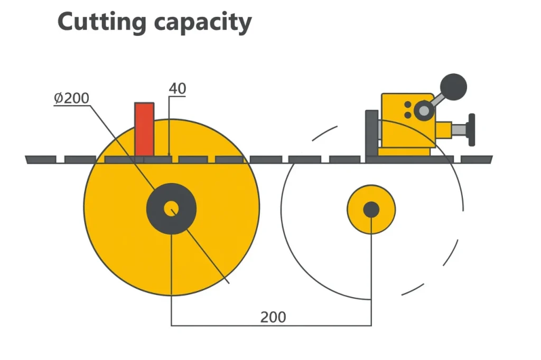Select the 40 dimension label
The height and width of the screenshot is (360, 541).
[x=178, y=89]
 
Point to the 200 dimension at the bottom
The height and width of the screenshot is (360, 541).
[x=273, y=317]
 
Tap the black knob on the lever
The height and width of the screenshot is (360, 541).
[x=453, y=85]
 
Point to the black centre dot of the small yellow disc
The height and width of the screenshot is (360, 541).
[x=371, y=210]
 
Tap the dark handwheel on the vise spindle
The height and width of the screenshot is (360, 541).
[x=471, y=129]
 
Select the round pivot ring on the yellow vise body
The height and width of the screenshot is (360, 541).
[x=423, y=110]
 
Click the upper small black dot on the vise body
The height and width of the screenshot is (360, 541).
[x=408, y=105]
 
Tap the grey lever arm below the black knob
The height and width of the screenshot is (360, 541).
[x=439, y=99]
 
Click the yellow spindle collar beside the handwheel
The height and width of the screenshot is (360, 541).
[x=444, y=129]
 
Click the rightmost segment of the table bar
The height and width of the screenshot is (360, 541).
[x=476, y=159]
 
